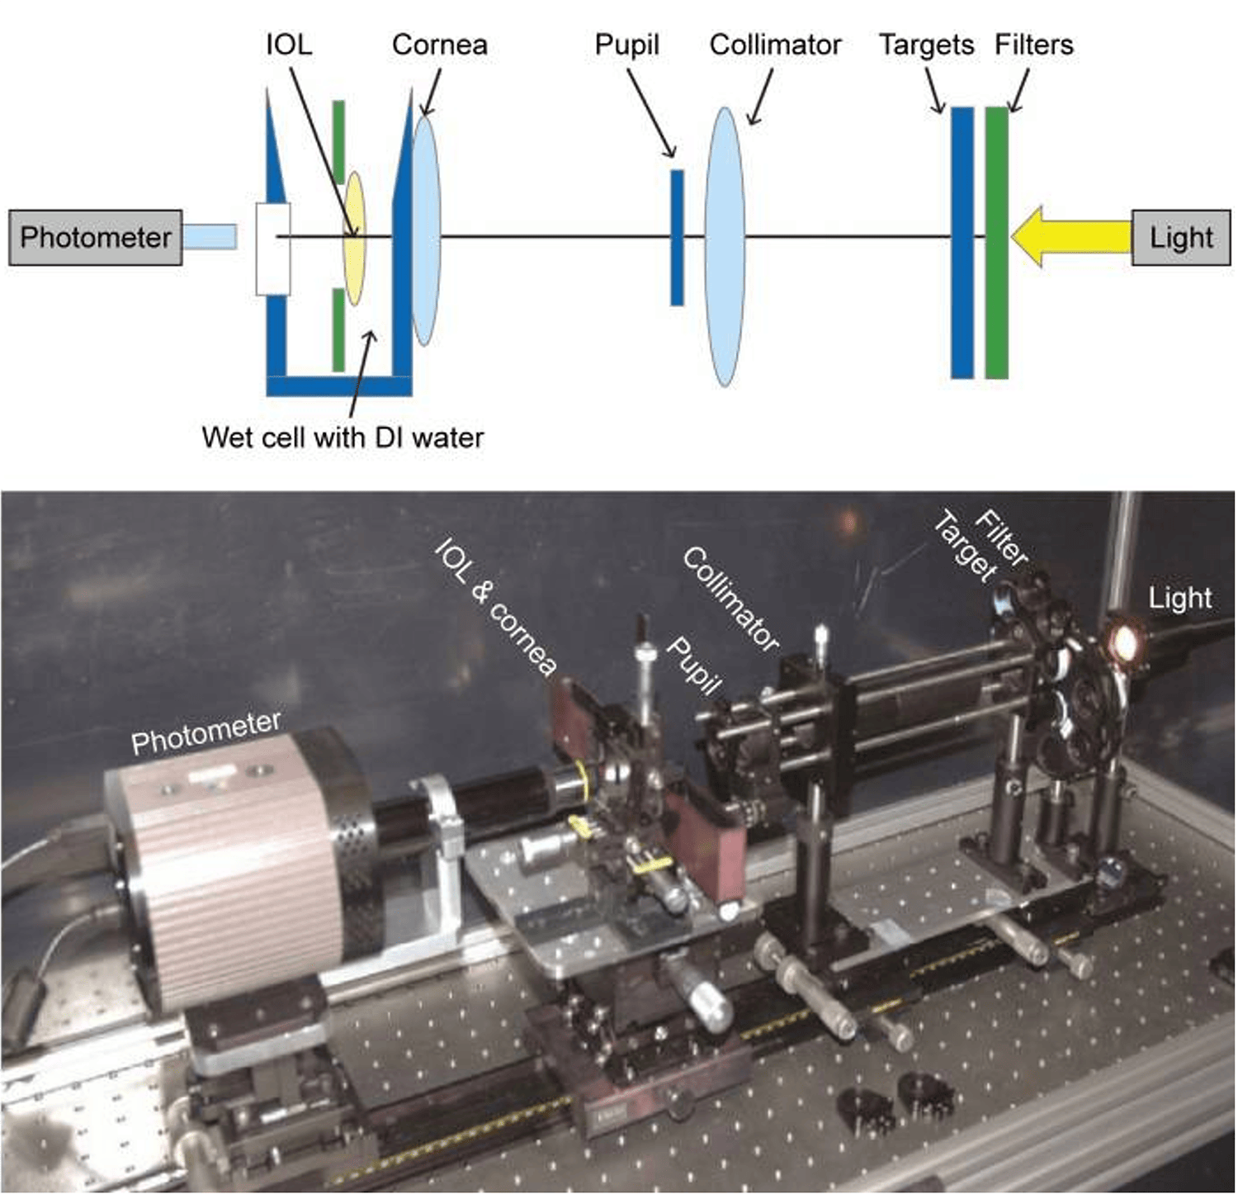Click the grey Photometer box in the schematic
[95, 238]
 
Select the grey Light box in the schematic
[1180, 238]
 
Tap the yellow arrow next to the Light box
[1069, 237]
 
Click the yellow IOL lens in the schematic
[354, 238]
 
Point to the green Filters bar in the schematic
[996, 242]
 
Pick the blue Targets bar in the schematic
[962, 242]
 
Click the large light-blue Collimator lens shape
[725, 246]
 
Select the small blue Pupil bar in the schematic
[677, 237]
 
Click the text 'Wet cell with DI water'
[343, 437]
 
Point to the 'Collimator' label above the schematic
[775, 45]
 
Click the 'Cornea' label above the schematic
[439, 45]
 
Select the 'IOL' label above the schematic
[289, 45]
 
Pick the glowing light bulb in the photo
[1123, 640]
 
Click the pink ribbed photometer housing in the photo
[223, 867]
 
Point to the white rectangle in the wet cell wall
[273, 249]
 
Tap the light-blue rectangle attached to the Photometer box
[210, 237]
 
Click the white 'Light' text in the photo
[1179, 598]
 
